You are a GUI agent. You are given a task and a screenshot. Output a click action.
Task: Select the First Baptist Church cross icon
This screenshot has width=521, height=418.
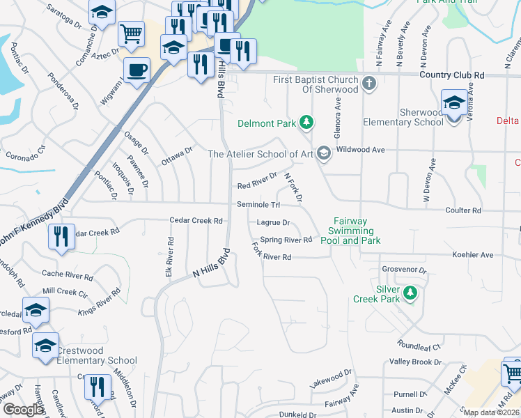(x=369, y=84)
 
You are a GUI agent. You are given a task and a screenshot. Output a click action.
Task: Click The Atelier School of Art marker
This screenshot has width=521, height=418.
(x=323, y=153)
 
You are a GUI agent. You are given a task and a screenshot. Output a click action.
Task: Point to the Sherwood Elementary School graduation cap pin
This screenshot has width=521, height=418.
(x=454, y=104)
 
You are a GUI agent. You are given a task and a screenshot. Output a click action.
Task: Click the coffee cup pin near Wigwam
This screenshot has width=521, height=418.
(x=137, y=70)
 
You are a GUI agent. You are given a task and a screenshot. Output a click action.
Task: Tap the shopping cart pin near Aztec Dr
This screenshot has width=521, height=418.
(x=131, y=33)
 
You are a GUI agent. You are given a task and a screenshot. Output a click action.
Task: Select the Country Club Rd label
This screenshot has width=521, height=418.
(x=452, y=75)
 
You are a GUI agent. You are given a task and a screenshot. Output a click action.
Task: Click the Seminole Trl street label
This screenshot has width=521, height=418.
(x=258, y=204)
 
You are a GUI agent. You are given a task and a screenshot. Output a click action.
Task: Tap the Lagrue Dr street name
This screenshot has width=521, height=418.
(x=272, y=223)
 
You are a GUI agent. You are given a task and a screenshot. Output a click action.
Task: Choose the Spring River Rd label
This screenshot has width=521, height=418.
(x=286, y=240)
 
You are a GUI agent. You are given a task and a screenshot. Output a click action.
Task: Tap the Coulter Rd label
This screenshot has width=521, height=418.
(x=467, y=210)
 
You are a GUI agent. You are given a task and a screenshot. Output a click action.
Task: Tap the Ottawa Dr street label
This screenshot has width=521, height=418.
(x=177, y=157)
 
